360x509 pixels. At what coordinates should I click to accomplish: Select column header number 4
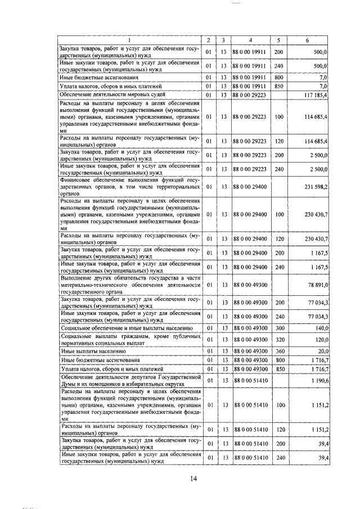pos(250,40)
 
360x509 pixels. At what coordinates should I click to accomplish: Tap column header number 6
pos(307,40)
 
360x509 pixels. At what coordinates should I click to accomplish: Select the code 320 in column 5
pos(278,339)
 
